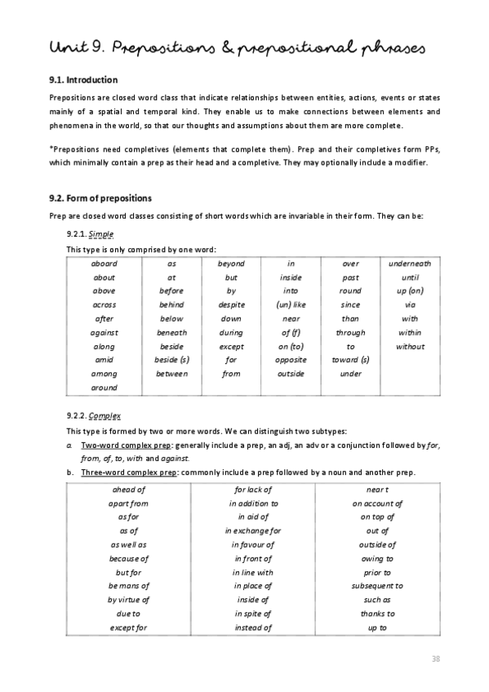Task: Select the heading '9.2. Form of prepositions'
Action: point(100,198)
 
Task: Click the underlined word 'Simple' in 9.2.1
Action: point(100,233)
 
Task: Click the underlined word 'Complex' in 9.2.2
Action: point(104,415)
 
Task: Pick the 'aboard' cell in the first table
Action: point(104,264)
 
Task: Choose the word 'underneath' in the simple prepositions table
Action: point(410,264)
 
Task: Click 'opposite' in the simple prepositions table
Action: point(291,360)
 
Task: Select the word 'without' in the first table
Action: point(410,346)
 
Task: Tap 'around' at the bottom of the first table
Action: point(104,388)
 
